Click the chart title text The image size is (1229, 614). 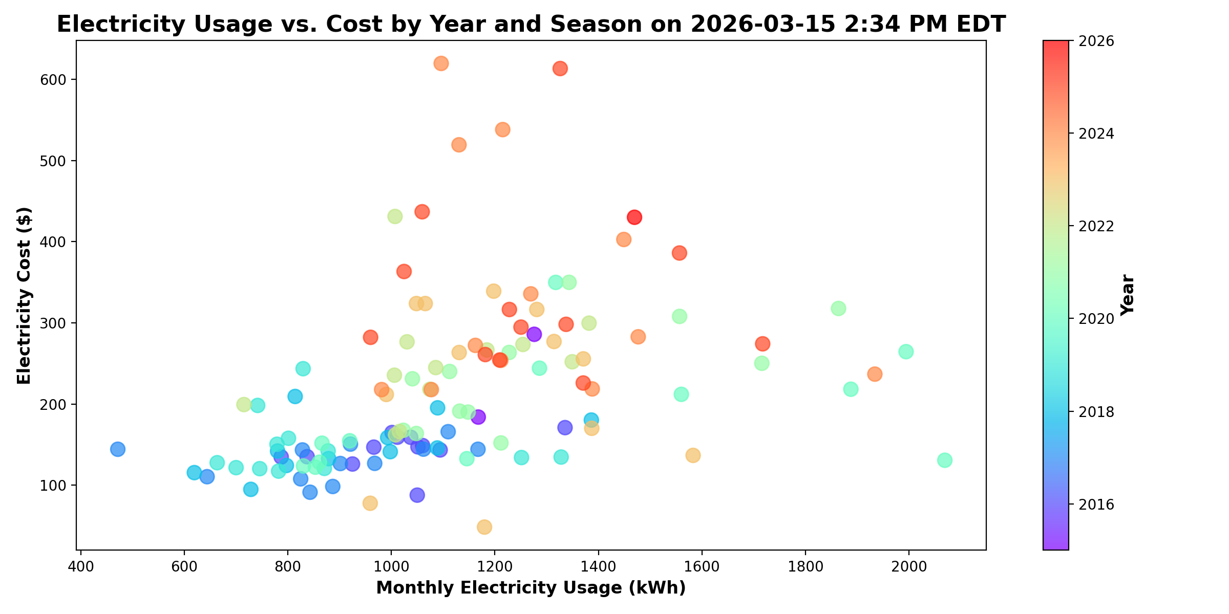[531, 25]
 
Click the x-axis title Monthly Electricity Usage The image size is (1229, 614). [531, 588]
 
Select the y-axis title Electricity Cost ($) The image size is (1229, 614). [24, 295]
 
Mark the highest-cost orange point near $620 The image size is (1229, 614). [441, 63]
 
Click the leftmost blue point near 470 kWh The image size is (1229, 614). [118, 449]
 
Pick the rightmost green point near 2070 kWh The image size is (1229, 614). [945, 460]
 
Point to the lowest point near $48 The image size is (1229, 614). [484, 527]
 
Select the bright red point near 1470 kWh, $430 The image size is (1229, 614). [634, 217]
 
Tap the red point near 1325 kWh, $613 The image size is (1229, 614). [560, 69]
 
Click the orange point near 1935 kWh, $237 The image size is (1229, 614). [875, 374]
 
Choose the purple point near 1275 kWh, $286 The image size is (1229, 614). [534, 335]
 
